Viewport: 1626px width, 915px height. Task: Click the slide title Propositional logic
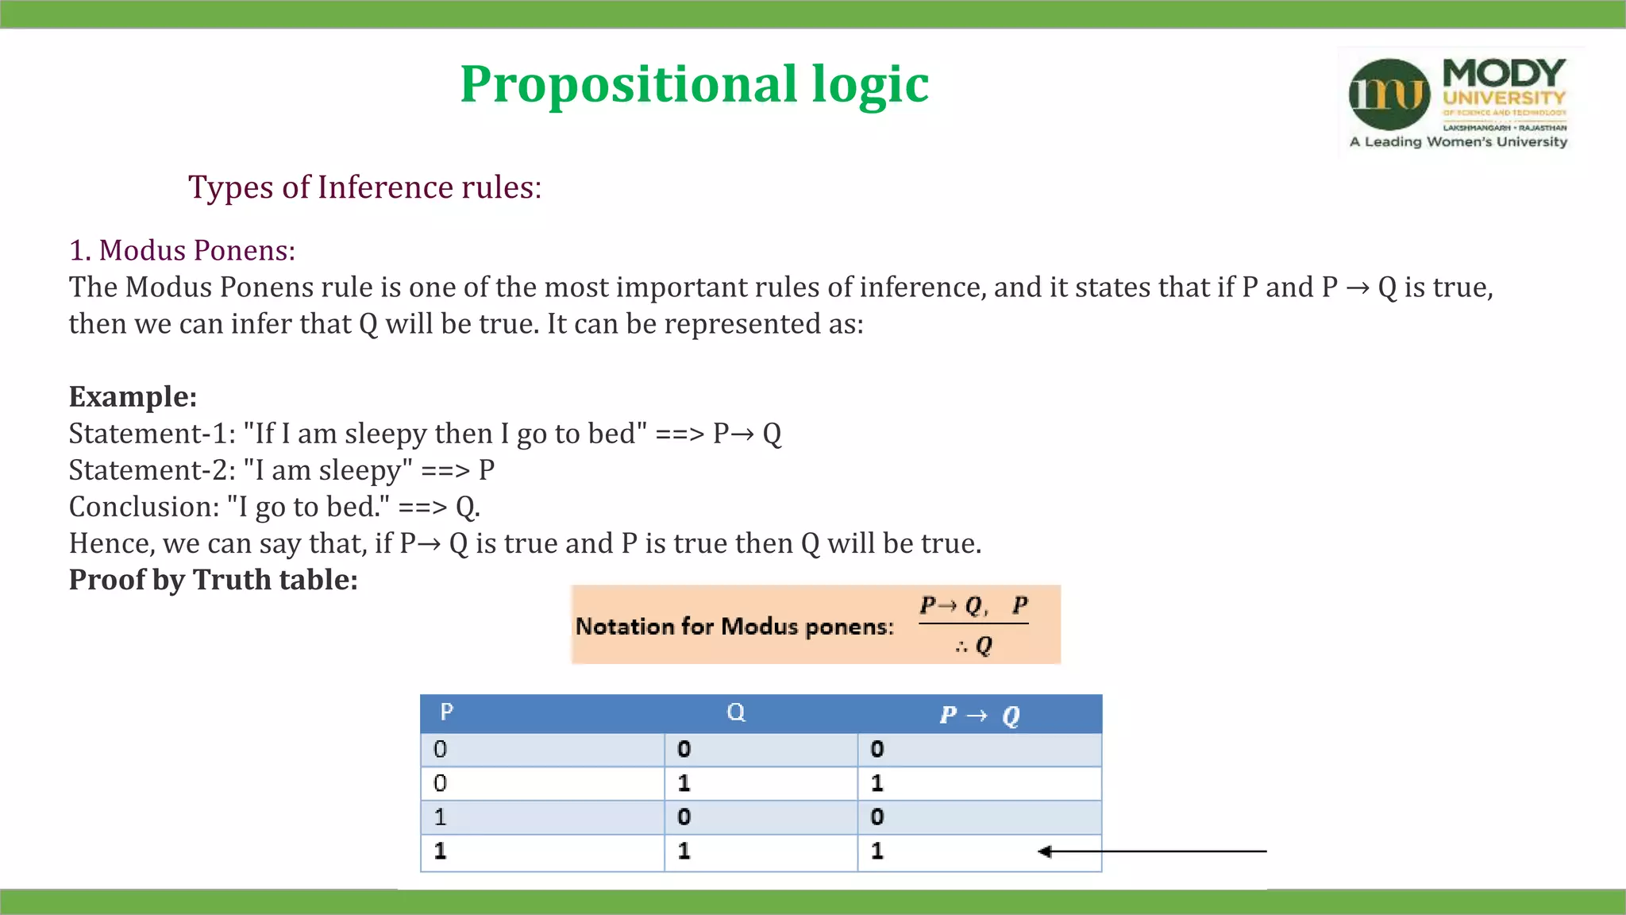[x=694, y=84]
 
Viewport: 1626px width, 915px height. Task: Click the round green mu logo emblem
[x=1389, y=95]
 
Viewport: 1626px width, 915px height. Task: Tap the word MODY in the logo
[x=1504, y=73]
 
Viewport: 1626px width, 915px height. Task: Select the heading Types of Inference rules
[x=364, y=187]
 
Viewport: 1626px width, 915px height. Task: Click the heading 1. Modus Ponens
[x=182, y=250]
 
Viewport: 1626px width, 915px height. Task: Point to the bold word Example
[x=133, y=396]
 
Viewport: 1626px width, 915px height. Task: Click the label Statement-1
[x=152, y=434]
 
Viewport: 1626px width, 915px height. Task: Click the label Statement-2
[x=152, y=470]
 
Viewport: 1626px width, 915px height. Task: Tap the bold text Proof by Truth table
[x=213, y=580]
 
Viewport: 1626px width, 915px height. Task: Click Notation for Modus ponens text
[x=734, y=627]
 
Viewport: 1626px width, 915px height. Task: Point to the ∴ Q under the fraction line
[x=974, y=645]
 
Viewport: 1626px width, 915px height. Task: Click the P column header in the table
[x=447, y=712]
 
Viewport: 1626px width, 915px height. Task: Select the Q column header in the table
[x=736, y=712]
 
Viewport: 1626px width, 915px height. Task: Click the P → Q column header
[x=979, y=715]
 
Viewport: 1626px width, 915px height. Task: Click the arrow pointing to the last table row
[x=1151, y=851]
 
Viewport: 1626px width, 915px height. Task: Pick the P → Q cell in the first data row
[x=877, y=749]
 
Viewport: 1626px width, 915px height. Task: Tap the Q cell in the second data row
[x=684, y=783]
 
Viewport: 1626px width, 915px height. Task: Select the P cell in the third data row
[x=441, y=817]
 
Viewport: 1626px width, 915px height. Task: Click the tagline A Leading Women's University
[x=1458, y=142]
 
